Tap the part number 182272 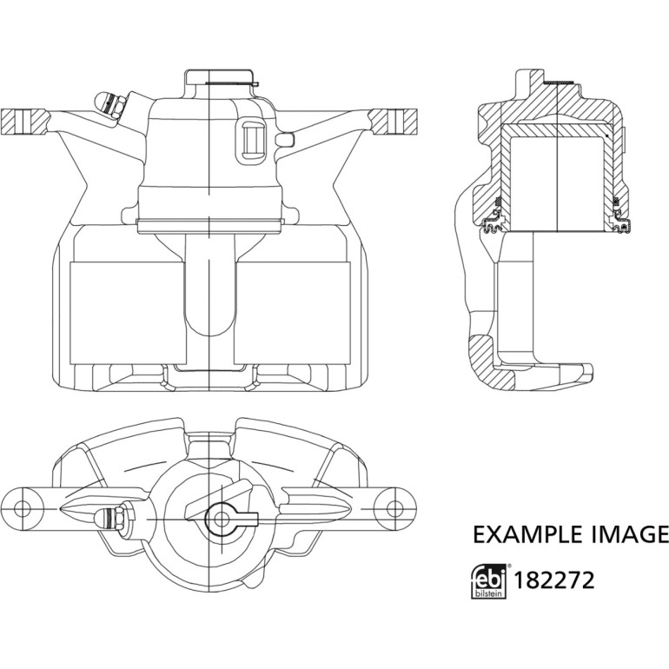click(x=554, y=580)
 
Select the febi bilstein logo click(x=489, y=581)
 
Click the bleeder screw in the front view click(x=110, y=104)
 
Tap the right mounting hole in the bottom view click(x=394, y=508)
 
